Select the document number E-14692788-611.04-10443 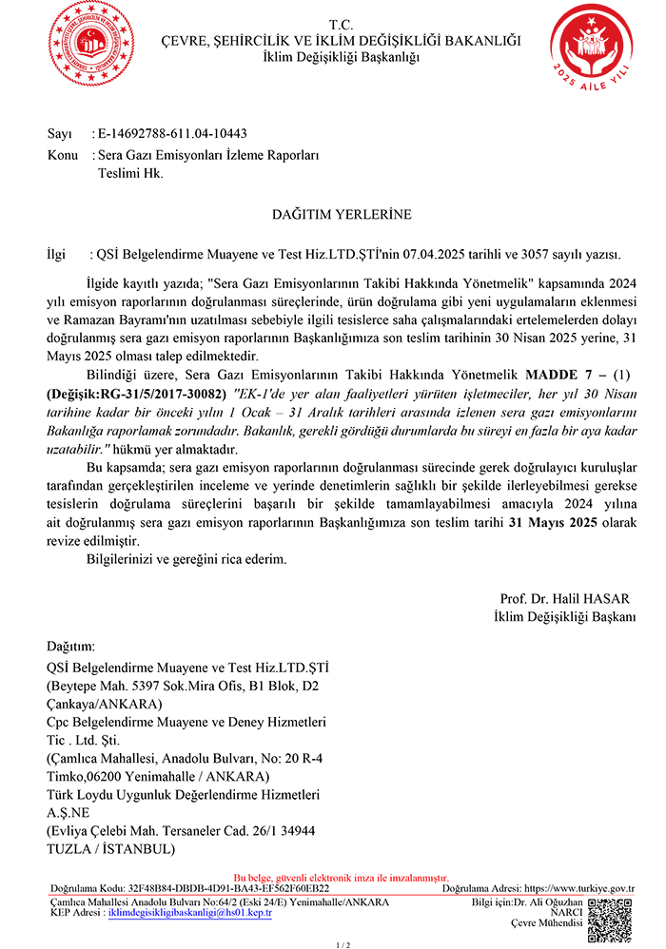tap(172, 133)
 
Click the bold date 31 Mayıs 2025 tap(553, 523)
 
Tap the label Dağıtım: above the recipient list tap(71, 646)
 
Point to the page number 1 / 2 tap(343, 944)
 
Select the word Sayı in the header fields tap(59, 133)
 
